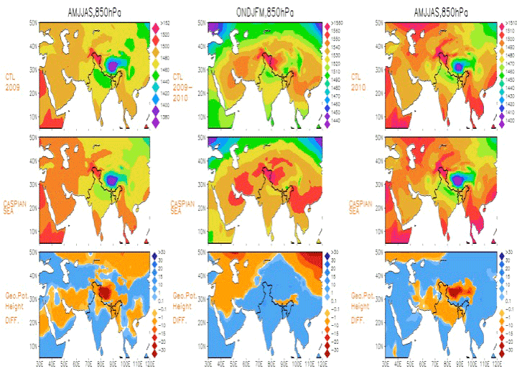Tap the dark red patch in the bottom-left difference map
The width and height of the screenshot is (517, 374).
tap(106, 291)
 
